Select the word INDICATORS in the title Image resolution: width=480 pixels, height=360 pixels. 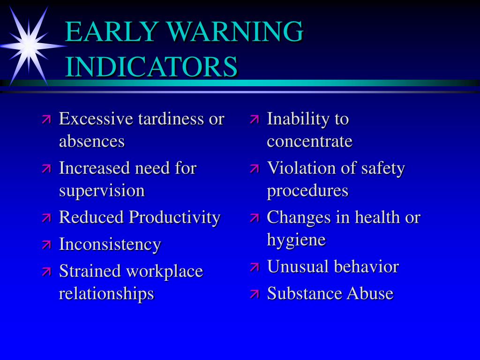point(151,67)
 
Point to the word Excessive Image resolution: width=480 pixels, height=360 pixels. point(96,119)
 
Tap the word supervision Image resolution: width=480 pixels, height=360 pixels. point(102,191)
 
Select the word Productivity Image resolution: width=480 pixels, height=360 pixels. point(174,217)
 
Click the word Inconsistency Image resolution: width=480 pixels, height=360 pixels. point(110,244)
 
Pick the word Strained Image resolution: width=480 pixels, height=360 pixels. point(89,271)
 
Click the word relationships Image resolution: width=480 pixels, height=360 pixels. point(106,293)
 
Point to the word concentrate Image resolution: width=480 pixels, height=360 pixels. point(309,141)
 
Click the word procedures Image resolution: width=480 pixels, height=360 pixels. point(307,191)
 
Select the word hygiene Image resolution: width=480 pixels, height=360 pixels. point(296,240)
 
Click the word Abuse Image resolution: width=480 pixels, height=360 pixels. point(370,293)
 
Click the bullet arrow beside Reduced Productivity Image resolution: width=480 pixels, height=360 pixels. point(46,217)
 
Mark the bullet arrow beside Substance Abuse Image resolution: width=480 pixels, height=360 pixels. point(255,294)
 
